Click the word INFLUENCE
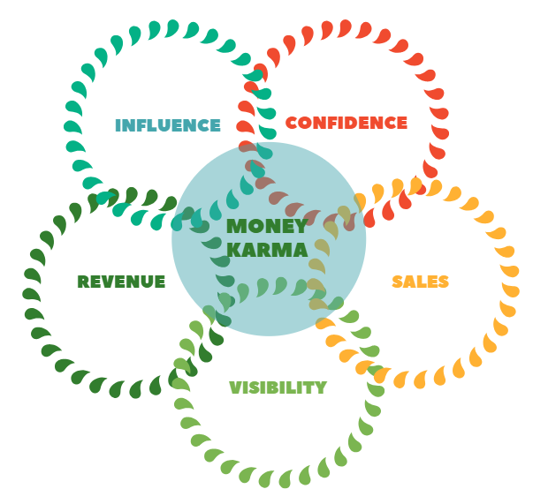click(x=168, y=125)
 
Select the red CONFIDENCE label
click(x=346, y=124)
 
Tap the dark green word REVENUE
click(x=121, y=282)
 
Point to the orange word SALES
click(x=421, y=282)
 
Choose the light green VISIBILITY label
click(x=278, y=387)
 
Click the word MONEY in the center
click(x=267, y=227)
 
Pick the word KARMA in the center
click(x=267, y=250)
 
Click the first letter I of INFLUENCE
click(x=118, y=125)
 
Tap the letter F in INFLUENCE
click(x=141, y=125)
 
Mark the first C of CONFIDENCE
click(x=292, y=124)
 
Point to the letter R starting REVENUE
click(x=83, y=282)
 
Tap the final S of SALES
click(x=444, y=282)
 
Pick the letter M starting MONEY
click(x=236, y=227)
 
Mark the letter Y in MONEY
click(x=301, y=227)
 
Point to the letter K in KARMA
click(x=234, y=250)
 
